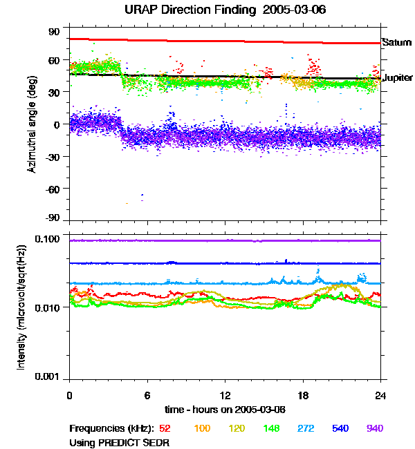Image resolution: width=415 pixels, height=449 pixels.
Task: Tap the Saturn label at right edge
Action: (396, 43)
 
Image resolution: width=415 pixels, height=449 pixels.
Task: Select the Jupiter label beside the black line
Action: (398, 78)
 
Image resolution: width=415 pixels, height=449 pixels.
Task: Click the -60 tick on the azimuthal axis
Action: (53, 188)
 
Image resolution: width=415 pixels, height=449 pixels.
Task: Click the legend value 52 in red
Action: (165, 429)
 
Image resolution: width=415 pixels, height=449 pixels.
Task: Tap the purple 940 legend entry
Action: (374, 429)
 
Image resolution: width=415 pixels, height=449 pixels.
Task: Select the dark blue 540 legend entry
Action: (341, 429)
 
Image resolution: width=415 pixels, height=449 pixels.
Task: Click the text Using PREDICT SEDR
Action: (120, 441)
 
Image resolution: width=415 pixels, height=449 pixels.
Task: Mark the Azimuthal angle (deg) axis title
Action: (33, 125)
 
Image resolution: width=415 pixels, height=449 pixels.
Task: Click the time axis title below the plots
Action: (225, 409)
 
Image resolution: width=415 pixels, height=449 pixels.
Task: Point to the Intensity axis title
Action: (22, 307)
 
